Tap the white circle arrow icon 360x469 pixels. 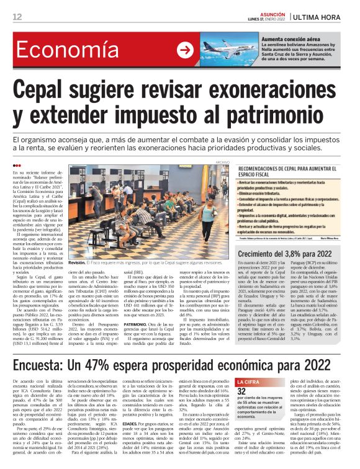184,50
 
